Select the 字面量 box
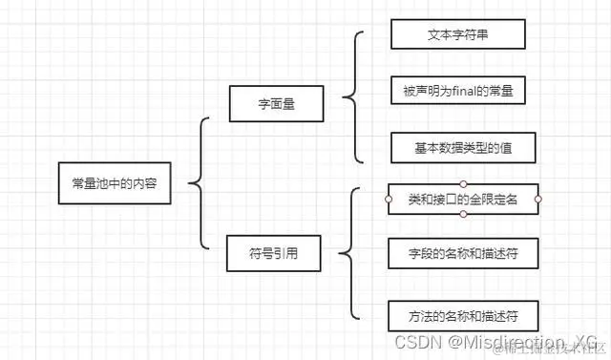276,103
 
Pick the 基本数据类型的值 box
462,149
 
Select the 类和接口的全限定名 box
463,199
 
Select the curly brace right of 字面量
352,96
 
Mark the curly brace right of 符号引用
349,254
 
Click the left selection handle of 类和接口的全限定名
388,199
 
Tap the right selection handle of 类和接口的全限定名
538,199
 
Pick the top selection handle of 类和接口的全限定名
463,182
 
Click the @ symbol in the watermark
456,342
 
